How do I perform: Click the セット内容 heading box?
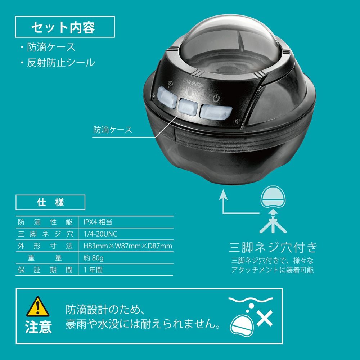65,27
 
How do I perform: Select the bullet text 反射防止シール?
61,63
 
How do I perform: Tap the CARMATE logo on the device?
193,83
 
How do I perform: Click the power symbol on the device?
216,99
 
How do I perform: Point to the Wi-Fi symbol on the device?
171,84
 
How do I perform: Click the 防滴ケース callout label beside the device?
113,130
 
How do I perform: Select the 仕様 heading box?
50,202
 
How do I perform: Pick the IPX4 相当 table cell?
98,222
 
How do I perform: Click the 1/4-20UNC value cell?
100,234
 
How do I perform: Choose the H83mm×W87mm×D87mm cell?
128,246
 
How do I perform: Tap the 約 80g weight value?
94,258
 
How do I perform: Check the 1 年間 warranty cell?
93,270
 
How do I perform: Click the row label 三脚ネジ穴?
45,234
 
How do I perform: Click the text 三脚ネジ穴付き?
273,247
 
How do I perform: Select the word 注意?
39,327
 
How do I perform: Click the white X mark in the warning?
265,318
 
